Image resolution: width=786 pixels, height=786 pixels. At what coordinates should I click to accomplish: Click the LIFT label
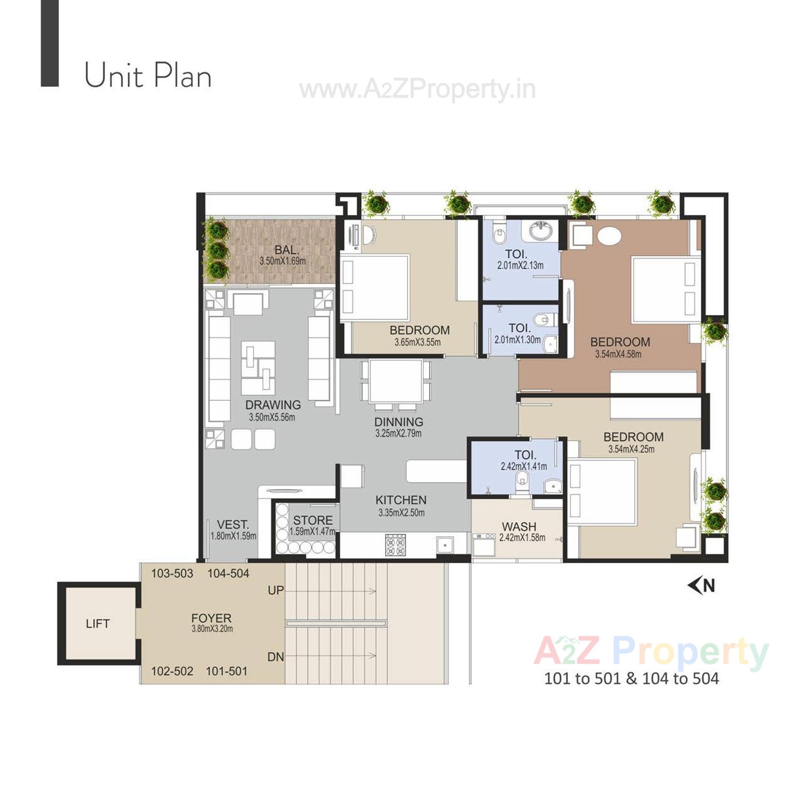98,624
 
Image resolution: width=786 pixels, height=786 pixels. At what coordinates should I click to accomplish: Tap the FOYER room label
211,618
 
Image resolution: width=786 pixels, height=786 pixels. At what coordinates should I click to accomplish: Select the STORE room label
313,520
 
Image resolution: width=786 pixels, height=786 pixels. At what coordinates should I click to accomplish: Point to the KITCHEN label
401,500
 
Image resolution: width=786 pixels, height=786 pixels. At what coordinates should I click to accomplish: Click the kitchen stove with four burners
395,544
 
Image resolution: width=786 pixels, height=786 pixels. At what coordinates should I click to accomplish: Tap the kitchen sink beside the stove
444,545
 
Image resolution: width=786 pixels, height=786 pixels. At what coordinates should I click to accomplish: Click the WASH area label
519,527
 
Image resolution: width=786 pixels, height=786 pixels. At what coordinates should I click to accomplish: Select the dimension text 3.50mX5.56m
272,417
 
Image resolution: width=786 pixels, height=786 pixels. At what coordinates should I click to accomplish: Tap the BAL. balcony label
286,250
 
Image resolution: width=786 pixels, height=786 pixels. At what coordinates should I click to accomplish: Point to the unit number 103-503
172,574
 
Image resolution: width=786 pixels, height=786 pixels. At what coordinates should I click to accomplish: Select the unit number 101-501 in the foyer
226,671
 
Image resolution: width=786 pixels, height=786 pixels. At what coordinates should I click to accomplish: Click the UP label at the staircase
276,590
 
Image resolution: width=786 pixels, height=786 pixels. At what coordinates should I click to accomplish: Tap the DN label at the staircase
276,657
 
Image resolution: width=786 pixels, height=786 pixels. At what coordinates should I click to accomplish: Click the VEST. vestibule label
233,525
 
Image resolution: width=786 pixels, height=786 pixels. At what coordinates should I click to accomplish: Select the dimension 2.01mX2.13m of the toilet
520,266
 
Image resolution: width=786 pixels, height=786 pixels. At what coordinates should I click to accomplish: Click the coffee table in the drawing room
258,368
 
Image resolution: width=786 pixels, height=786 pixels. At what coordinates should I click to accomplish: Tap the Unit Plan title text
148,76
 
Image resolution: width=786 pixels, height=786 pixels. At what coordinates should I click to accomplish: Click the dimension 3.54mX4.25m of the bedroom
631,449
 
